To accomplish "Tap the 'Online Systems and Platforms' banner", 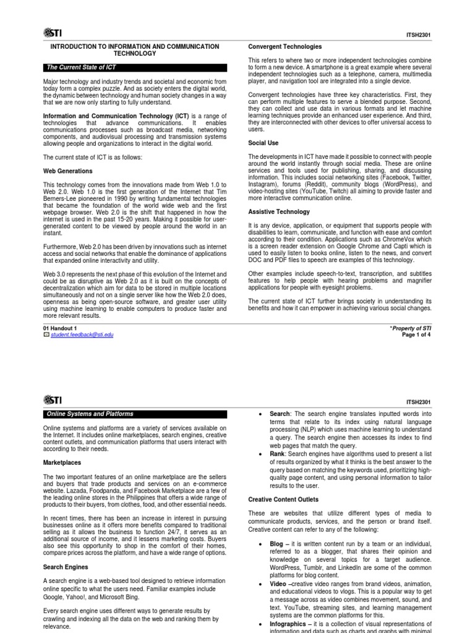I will [x=90, y=414].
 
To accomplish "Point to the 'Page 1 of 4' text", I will [x=414, y=334].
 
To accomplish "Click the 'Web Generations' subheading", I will [x=67, y=171].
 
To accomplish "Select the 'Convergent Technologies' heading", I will [x=285, y=46].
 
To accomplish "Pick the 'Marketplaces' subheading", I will [x=62, y=462].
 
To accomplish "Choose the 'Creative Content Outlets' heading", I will [x=283, y=499].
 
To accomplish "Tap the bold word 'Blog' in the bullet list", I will [x=276, y=543].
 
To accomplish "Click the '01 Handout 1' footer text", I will [x=60, y=328].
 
